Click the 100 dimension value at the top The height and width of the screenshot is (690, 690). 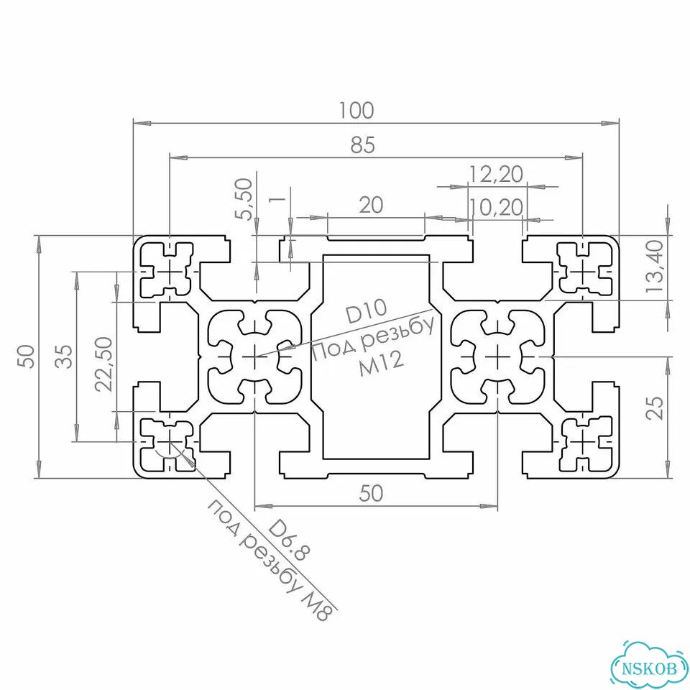click(x=356, y=111)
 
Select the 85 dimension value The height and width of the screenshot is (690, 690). click(x=363, y=144)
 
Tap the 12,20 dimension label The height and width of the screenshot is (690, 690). click(x=497, y=174)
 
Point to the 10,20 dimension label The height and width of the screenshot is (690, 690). click(x=497, y=207)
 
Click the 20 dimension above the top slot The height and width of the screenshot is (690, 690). click(x=371, y=205)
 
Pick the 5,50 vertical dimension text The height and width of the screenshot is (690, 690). click(x=244, y=199)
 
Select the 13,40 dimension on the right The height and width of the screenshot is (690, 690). click(x=654, y=266)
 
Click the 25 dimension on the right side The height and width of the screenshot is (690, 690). click(x=655, y=408)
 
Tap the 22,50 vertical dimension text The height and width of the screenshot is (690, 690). click(x=104, y=364)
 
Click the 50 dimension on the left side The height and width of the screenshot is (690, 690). click(x=26, y=356)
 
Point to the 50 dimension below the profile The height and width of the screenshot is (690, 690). click(x=371, y=493)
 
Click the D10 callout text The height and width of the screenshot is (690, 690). click(x=366, y=310)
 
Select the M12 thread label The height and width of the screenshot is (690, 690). click(x=381, y=365)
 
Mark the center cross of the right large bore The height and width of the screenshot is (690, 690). click(x=497, y=356)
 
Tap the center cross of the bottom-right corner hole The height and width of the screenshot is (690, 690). click(x=583, y=441)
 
